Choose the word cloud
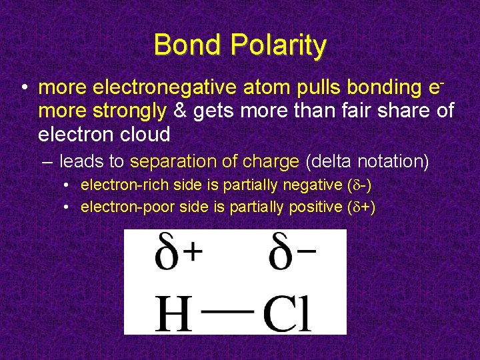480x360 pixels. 146,135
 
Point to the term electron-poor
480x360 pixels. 121,207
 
